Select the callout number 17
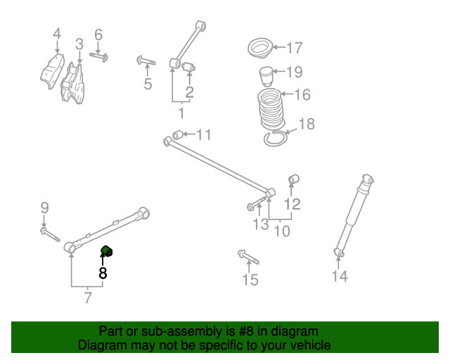294,48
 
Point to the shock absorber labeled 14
353,213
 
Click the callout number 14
340,276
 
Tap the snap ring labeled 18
276,139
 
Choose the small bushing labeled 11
179,134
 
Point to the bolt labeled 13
256,206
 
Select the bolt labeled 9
49,233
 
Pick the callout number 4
57,33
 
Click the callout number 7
88,297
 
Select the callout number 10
281,231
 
